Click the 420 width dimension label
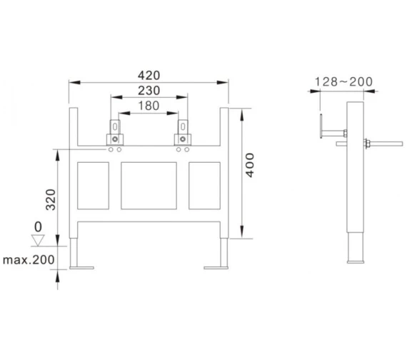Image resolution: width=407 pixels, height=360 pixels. click(x=149, y=76)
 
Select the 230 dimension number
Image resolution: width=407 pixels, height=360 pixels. click(x=149, y=91)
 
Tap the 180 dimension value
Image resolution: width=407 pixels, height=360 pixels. click(x=149, y=106)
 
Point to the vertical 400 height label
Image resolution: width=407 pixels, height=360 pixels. click(x=250, y=165)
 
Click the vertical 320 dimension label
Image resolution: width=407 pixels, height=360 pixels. click(x=51, y=199)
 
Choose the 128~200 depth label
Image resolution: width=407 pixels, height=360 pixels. click(x=343, y=82)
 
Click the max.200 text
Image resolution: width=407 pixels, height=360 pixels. click(x=29, y=259)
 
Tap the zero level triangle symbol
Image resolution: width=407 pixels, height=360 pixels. click(x=38, y=240)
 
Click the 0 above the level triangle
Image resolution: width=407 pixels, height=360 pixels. click(x=38, y=226)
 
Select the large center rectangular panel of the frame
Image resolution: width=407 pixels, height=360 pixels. click(x=149, y=186)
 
